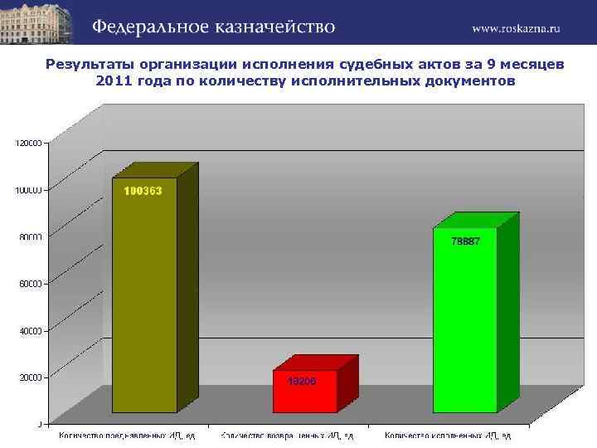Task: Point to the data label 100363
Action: click(x=143, y=191)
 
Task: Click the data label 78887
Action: click(x=465, y=241)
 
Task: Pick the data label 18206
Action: click(x=302, y=381)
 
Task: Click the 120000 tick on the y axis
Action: click(x=28, y=143)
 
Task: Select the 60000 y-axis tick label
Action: click(x=31, y=284)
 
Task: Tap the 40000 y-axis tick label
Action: click(x=31, y=330)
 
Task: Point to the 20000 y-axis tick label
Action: click(x=31, y=377)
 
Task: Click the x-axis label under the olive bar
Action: click(x=126, y=436)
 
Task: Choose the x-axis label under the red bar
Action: click(x=287, y=436)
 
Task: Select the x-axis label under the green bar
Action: click(x=448, y=436)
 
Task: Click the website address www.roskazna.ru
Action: click(x=517, y=27)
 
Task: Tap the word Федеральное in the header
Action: click(x=143, y=27)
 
